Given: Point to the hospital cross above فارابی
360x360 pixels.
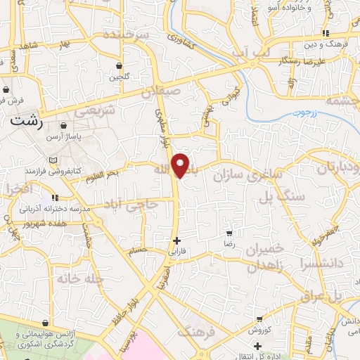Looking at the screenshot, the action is point(176,240).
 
